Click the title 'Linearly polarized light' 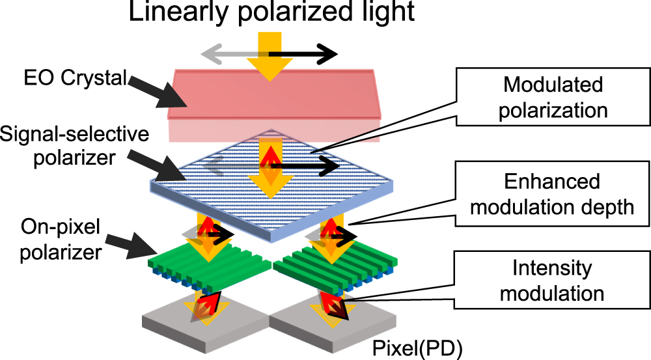pos(271,14)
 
